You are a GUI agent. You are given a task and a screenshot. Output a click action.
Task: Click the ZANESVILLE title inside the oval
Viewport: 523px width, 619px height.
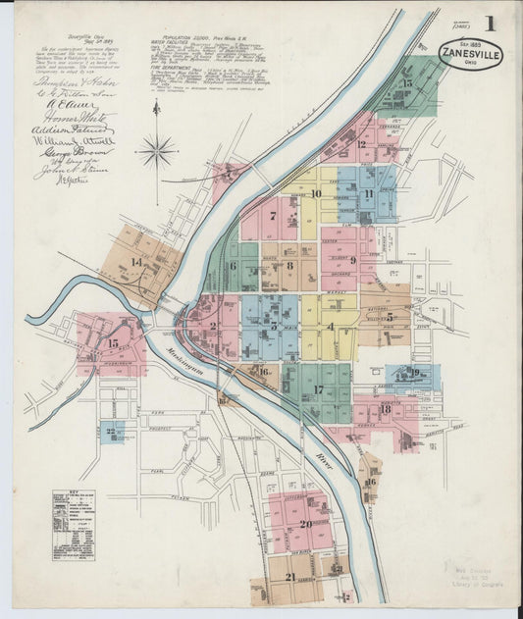tap(470, 53)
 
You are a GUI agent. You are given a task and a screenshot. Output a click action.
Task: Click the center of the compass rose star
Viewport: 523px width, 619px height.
tap(156, 150)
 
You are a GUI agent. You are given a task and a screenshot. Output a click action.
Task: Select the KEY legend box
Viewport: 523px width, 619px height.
tap(74, 524)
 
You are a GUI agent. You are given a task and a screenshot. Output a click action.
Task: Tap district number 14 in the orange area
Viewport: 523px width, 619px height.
tap(136, 262)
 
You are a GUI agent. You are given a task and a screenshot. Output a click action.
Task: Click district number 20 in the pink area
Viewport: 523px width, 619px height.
tap(306, 524)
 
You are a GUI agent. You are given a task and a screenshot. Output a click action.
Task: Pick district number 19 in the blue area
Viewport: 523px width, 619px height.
tap(415, 373)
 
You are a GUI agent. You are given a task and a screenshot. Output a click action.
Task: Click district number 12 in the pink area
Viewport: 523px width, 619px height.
tap(361, 145)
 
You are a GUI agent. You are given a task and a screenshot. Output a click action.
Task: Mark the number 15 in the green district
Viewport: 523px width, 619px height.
tap(406, 84)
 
